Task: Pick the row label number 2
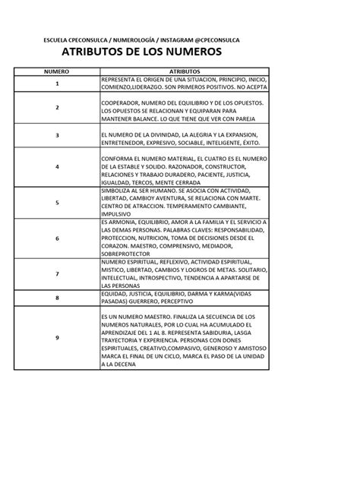pyautogui.click(x=56, y=108)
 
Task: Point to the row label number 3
pyautogui.click(x=56, y=135)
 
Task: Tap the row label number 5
pyautogui.click(x=56, y=202)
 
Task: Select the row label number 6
pyautogui.click(x=56, y=238)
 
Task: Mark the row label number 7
pyautogui.click(x=56, y=273)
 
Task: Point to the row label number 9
pyautogui.click(x=56, y=337)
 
